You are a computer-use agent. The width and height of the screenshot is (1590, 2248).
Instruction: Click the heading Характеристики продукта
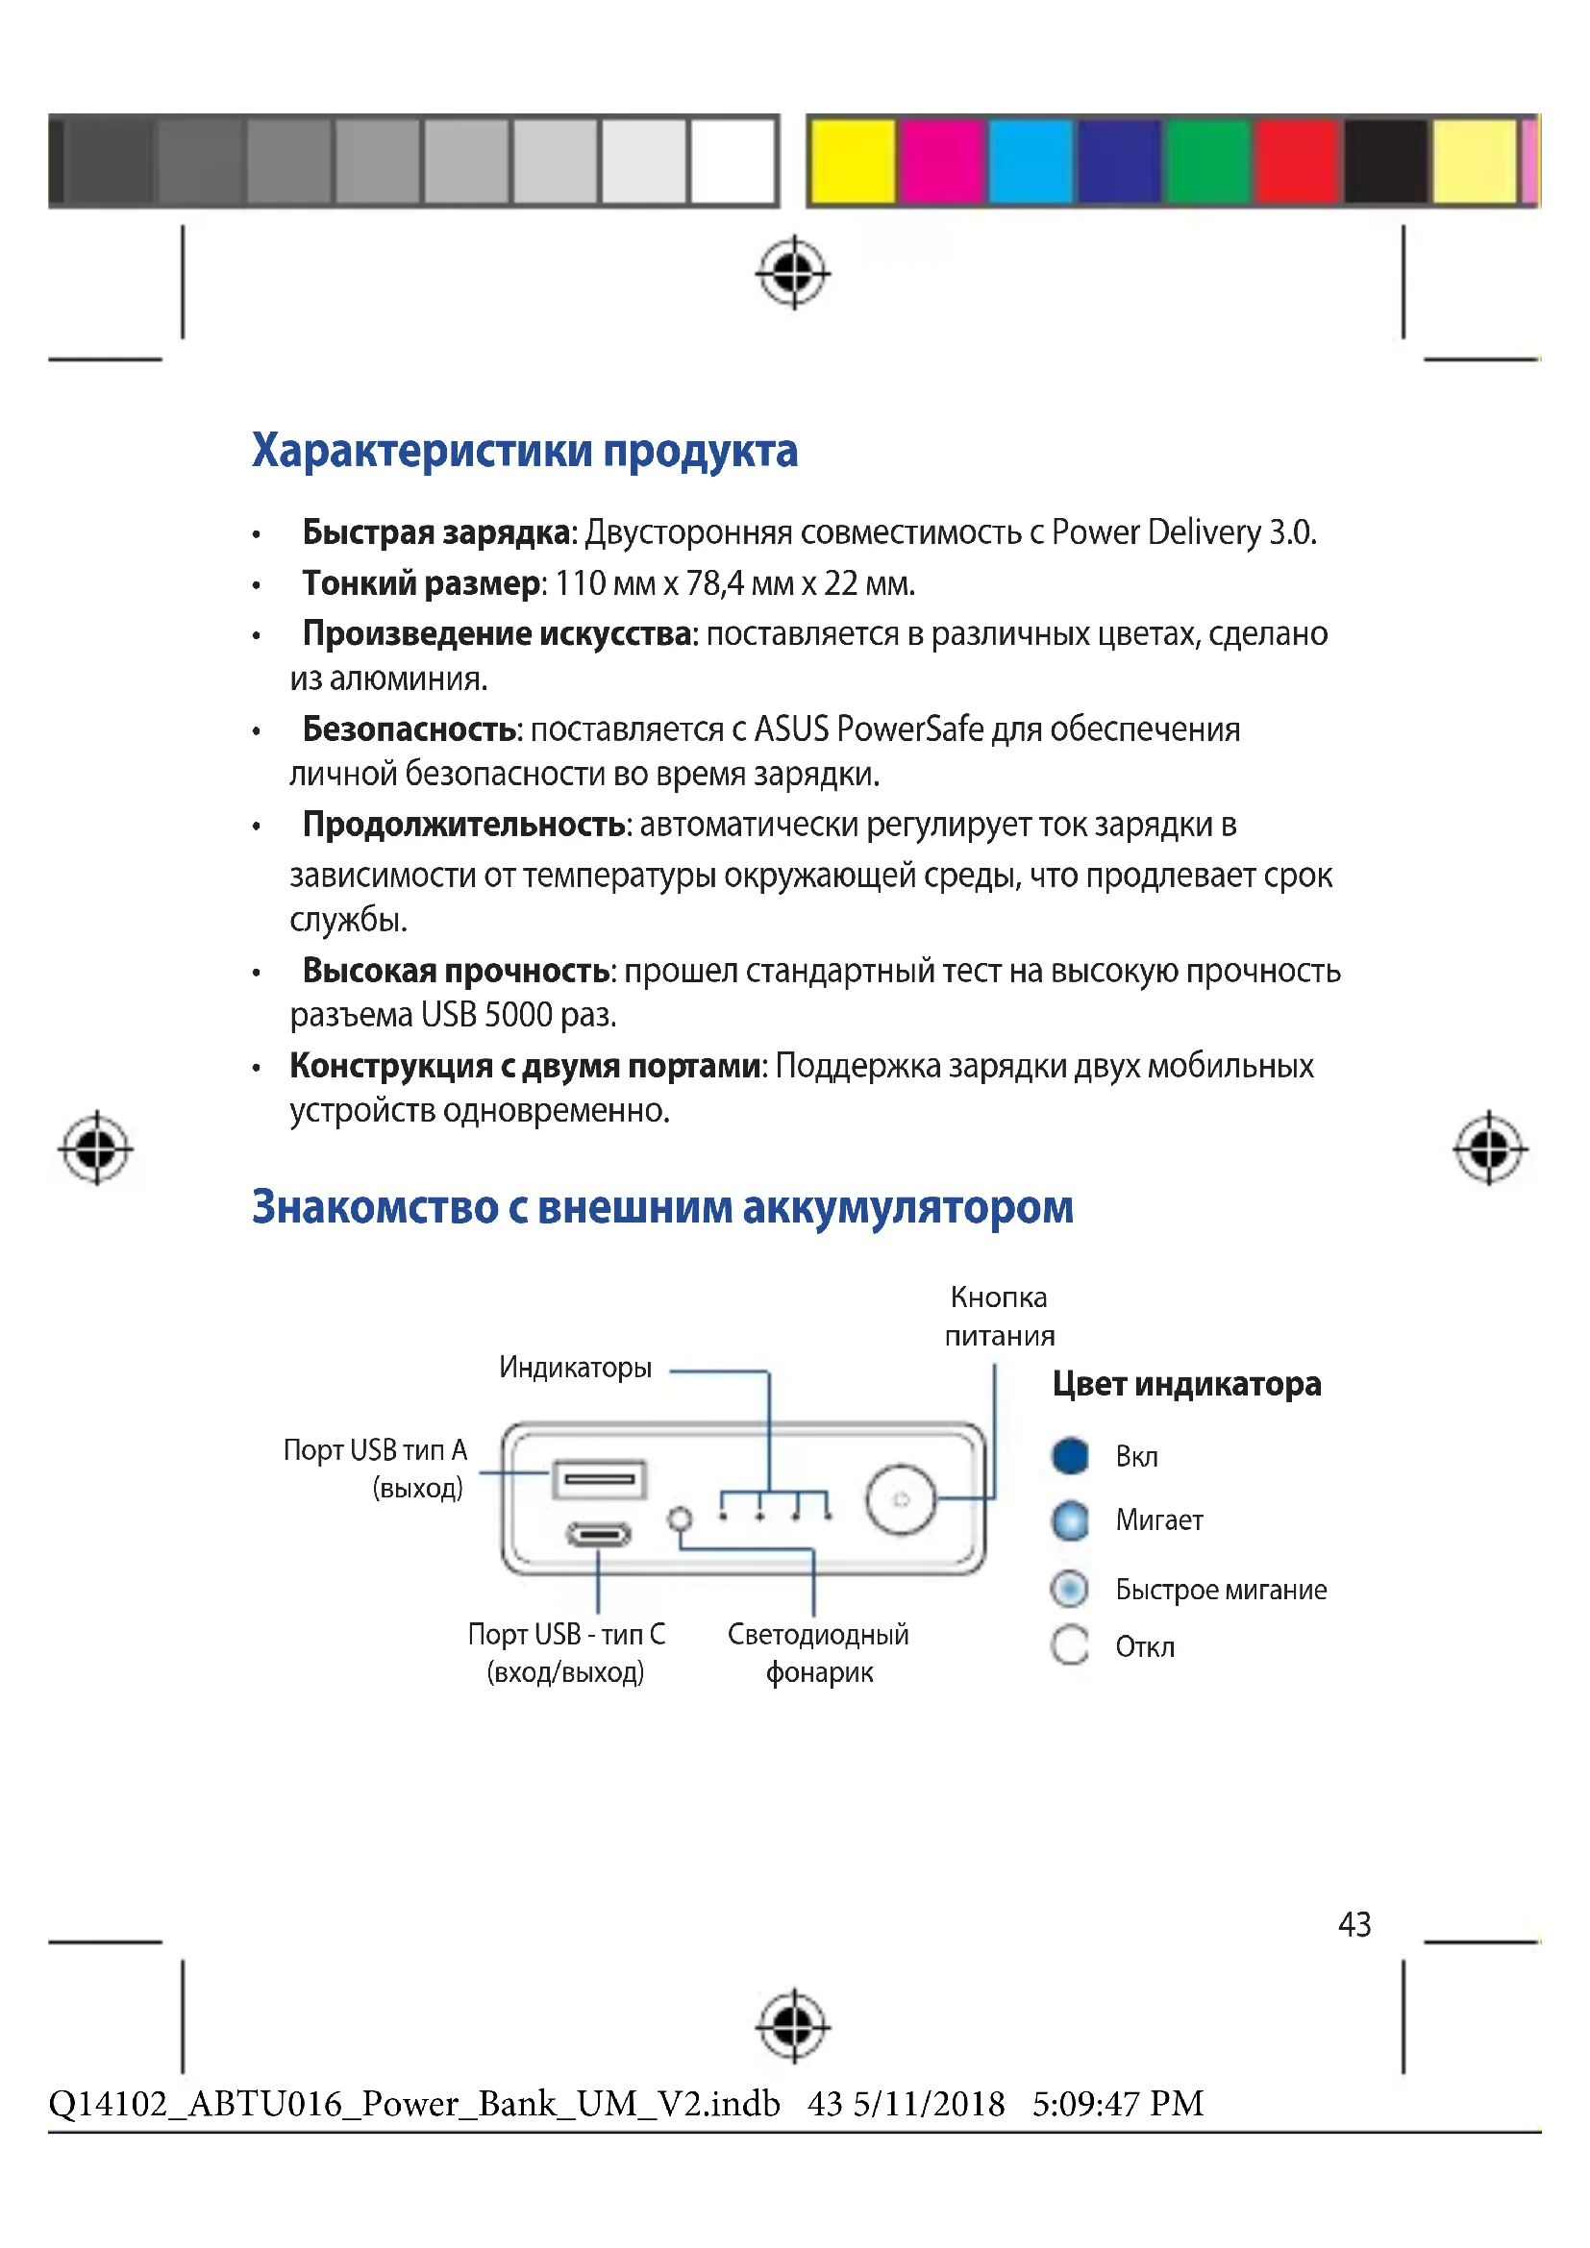[x=525, y=452]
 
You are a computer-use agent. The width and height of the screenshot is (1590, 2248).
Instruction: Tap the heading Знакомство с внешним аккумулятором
[x=661, y=1207]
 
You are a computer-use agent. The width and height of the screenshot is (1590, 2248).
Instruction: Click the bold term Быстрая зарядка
[x=436, y=532]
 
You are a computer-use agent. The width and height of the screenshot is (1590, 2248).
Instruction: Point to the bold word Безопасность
[x=410, y=729]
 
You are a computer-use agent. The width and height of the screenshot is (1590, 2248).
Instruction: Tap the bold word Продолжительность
[x=464, y=826]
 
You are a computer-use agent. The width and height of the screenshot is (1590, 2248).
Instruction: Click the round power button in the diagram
[x=901, y=1499]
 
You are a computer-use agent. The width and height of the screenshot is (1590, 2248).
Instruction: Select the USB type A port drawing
[x=599, y=1478]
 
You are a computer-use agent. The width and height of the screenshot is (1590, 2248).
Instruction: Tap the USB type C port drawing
[x=599, y=1533]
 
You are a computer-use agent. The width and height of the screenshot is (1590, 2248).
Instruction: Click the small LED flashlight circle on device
[x=680, y=1519]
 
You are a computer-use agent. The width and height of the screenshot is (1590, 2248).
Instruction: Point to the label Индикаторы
[x=576, y=1368]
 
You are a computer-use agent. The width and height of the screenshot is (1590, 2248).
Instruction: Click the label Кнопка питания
[x=999, y=1317]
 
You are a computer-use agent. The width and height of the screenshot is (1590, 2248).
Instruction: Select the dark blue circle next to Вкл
[x=1070, y=1457]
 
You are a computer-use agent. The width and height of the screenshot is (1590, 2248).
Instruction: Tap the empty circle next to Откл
[x=1070, y=1645]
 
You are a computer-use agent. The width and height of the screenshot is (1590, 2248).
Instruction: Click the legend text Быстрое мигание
[x=1221, y=1590]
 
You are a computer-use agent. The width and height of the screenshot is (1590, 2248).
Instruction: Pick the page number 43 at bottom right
[x=1354, y=1924]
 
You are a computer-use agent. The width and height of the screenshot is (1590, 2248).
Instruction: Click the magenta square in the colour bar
[x=942, y=161]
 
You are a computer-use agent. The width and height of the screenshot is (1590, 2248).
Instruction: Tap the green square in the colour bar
[x=1208, y=161]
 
